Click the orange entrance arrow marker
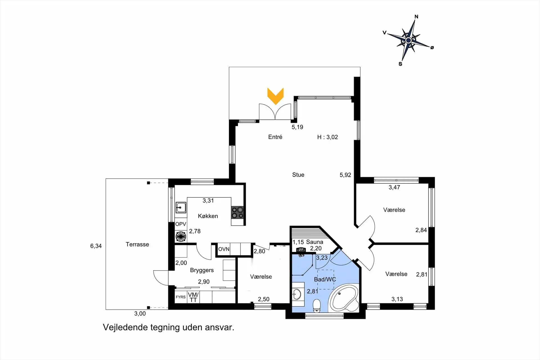pyautogui.click(x=275, y=96)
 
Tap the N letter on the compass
pyautogui.click(x=416, y=17)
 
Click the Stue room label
pyautogui.click(x=298, y=175)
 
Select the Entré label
pyautogui.click(x=275, y=137)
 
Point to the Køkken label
pyautogui.click(x=208, y=216)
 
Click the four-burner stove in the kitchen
pyautogui.click(x=237, y=213)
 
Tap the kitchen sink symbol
pyautogui.click(x=181, y=208)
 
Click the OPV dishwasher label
pyautogui.click(x=181, y=224)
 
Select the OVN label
pyautogui.click(x=224, y=249)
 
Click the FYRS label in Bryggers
pyautogui.click(x=181, y=297)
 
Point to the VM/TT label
pyautogui.click(x=193, y=297)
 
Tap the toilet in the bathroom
pyautogui.click(x=317, y=306)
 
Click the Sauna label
pyautogui.click(x=315, y=242)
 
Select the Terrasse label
pyautogui.click(x=137, y=244)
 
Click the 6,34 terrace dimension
pyautogui.click(x=96, y=246)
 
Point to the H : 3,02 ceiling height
pyautogui.click(x=327, y=137)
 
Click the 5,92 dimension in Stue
pyautogui.click(x=345, y=175)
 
